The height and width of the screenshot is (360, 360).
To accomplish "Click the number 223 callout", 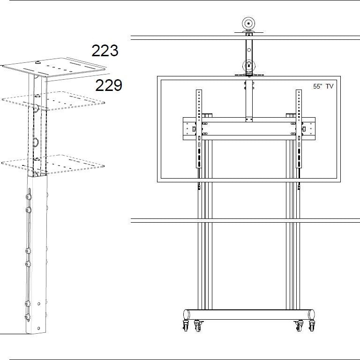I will (105, 50).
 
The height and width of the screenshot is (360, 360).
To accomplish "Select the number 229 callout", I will (109, 85).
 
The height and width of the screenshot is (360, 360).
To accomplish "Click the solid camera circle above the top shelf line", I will (247, 23).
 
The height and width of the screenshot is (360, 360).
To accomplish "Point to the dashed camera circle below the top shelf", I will (248, 66).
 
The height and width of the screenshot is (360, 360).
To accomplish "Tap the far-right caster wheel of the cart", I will (312, 326).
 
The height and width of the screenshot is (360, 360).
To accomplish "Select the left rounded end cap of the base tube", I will (185, 314).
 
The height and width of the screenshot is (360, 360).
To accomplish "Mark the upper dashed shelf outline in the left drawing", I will (54, 100).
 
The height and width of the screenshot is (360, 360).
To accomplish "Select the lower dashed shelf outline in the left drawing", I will (54, 164).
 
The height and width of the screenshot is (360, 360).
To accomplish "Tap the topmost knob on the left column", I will (29, 191).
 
